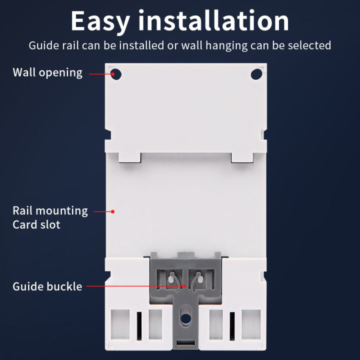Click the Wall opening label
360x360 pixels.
click(x=47, y=72)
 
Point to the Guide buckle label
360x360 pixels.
click(x=47, y=287)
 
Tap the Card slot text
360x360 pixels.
click(x=36, y=224)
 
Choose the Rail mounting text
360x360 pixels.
click(x=50, y=211)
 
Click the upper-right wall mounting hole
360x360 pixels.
click(x=256, y=74)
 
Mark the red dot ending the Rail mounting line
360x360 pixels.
click(x=113, y=211)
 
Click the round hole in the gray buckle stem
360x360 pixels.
click(x=185, y=318)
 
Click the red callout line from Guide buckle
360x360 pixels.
click(x=135, y=286)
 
